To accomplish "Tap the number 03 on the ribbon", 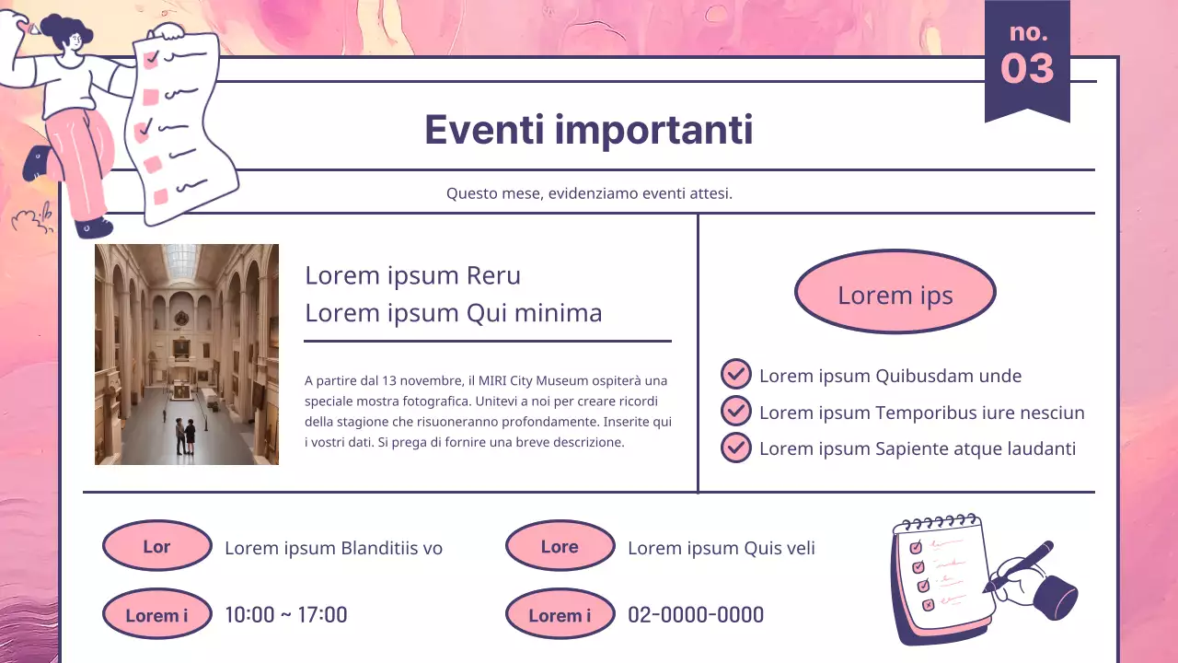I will (x=1027, y=68).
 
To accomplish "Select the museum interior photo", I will (x=187, y=355).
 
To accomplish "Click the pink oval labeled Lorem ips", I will (x=895, y=292).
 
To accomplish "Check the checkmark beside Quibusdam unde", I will (x=735, y=375).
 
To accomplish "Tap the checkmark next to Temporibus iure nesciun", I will (x=735, y=411).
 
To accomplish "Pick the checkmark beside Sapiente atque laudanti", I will (x=735, y=448).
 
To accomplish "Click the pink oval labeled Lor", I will (x=156, y=546).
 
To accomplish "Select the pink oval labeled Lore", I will (x=560, y=546).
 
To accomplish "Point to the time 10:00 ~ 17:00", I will (x=286, y=615).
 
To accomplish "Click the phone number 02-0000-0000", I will (x=696, y=615).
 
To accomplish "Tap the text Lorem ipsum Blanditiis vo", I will (x=333, y=548).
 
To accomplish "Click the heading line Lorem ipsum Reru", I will (x=412, y=275).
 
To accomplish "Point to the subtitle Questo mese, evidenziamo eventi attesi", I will (x=589, y=193).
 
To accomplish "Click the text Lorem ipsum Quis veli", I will (x=721, y=548).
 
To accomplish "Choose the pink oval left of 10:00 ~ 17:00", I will (x=156, y=614).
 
